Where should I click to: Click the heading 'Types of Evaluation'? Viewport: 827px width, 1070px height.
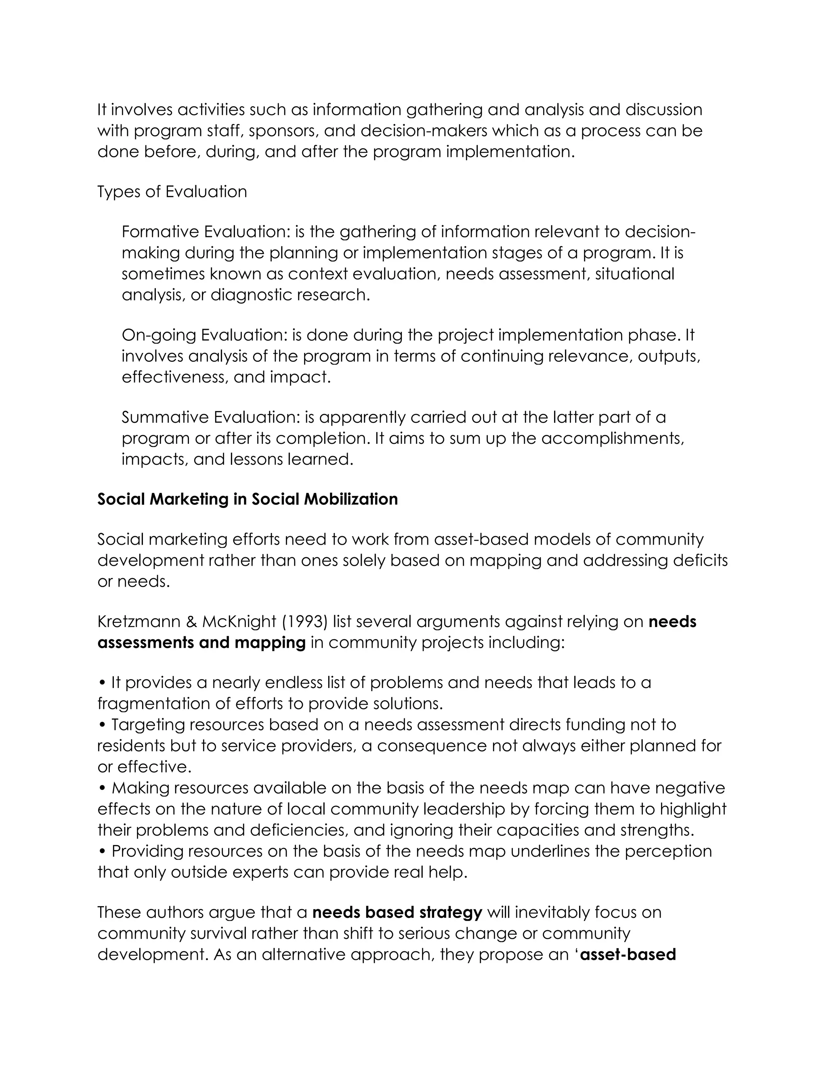(172, 191)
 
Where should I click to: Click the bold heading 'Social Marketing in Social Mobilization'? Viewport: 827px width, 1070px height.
(248, 499)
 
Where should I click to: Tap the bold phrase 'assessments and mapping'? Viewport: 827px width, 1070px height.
(202, 642)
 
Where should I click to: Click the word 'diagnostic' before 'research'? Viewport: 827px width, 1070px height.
(251, 295)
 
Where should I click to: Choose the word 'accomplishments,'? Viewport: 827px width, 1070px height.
(613, 438)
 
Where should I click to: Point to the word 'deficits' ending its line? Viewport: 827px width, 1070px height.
(700, 560)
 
